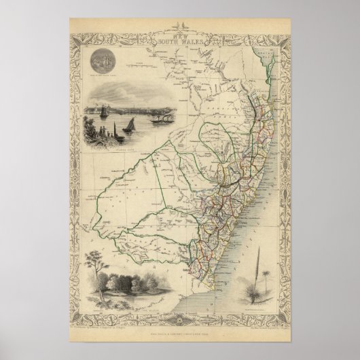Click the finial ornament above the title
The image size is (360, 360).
coord(180,25)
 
